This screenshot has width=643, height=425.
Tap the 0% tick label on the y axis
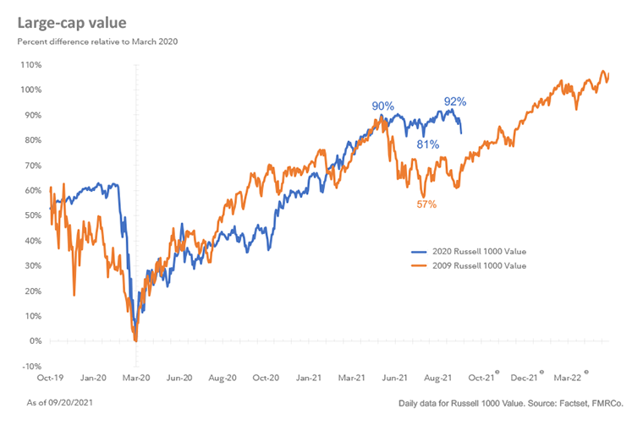click(34, 341)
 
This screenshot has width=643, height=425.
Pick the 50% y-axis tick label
click(32, 216)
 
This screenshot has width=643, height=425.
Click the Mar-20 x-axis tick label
click(138, 379)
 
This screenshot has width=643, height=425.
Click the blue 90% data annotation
click(382, 106)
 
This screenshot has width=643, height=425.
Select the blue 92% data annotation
click(455, 102)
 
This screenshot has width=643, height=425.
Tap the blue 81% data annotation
click(427, 144)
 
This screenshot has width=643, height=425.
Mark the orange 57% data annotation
click(426, 204)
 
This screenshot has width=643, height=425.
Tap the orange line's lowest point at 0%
click(136, 341)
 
